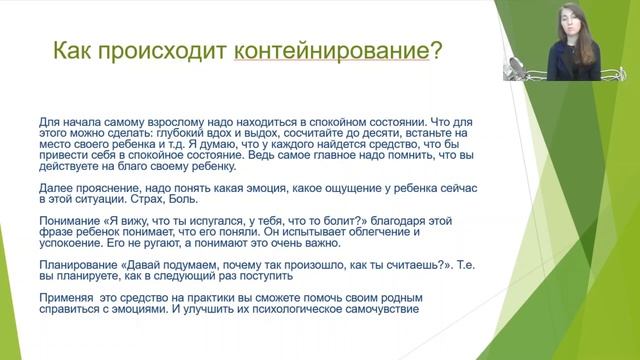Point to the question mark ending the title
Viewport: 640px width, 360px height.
(436, 50)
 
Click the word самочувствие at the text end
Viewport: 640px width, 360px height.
(379, 310)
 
